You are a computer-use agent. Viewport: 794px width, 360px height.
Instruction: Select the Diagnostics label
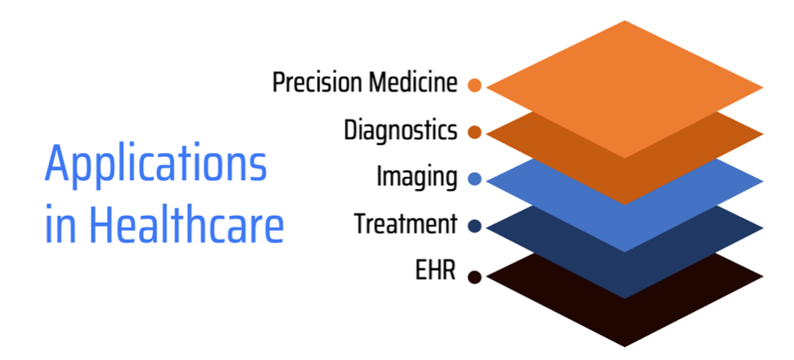click(401, 130)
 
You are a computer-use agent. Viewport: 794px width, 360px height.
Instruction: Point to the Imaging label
click(417, 178)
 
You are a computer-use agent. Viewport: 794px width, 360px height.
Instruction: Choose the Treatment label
click(405, 224)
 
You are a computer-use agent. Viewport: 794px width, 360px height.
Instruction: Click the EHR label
click(436, 271)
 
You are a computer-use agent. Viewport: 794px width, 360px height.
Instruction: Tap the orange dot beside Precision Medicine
click(474, 85)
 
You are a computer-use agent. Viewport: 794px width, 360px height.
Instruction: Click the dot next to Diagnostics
click(474, 133)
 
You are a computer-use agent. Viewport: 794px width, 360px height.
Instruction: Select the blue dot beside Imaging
click(474, 179)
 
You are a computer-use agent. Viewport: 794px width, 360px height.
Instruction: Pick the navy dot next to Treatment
click(474, 227)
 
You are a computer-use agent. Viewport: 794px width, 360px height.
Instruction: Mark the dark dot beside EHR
click(474, 277)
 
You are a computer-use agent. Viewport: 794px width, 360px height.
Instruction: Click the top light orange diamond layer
click(625, 89)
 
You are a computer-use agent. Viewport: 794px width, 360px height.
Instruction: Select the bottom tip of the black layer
click(625, 347)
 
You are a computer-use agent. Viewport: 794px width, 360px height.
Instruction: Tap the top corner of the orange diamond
click(625, 20)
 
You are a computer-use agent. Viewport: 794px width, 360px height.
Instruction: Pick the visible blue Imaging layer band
click(625, 227)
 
